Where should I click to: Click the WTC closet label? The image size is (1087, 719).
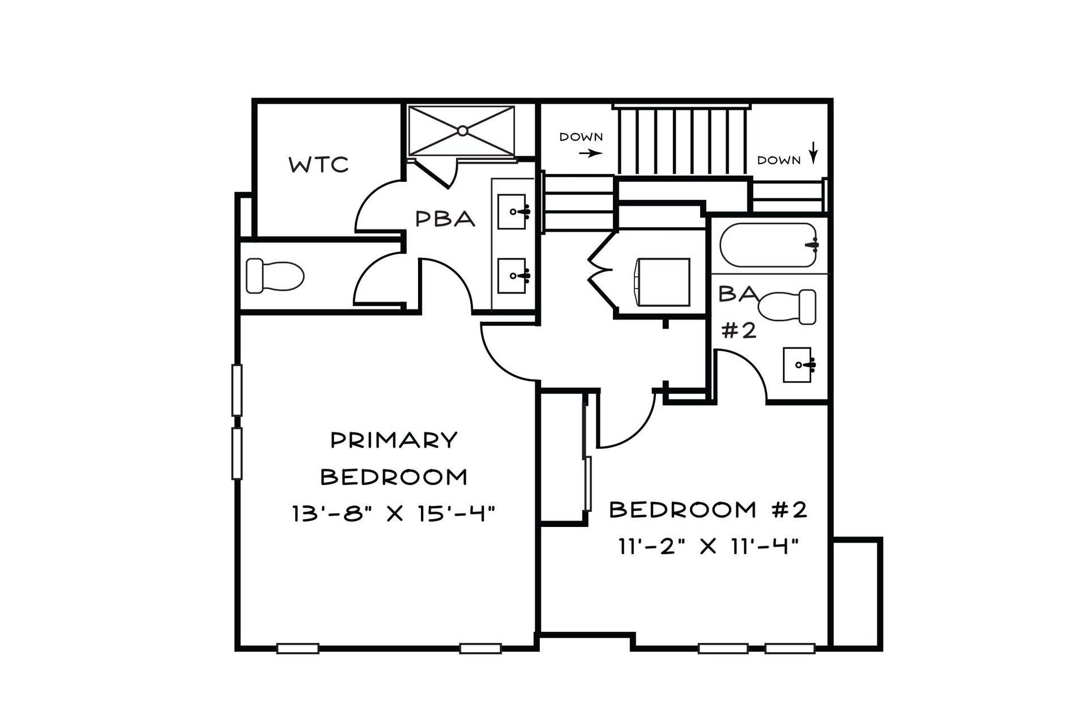pos(318,165)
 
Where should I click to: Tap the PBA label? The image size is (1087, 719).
pos(445,219)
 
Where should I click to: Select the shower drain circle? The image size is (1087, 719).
pos(462,131)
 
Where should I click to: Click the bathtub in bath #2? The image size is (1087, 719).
pos(769,245)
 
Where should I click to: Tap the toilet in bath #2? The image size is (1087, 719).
pos(787,307)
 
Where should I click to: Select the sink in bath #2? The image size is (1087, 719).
pos(798,364)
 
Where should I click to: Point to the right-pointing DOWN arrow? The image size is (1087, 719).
pos(591,153)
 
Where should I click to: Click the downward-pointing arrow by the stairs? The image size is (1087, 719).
pos(813,152)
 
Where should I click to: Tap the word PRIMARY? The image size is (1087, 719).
pos(394,440)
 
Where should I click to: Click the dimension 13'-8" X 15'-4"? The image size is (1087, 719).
pos(394,513)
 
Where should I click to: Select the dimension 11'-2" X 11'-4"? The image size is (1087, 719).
pos(708,547)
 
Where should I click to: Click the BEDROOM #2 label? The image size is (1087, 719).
pos(708,510)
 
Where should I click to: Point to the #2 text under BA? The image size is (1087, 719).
pos(739,330)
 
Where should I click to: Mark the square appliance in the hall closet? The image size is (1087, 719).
pos(661,282)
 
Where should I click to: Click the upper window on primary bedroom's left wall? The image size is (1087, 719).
pos(237,390)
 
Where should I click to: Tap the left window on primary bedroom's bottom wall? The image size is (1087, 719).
pos(297,648)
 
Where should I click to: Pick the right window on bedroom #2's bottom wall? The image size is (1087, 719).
pos(790,648)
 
